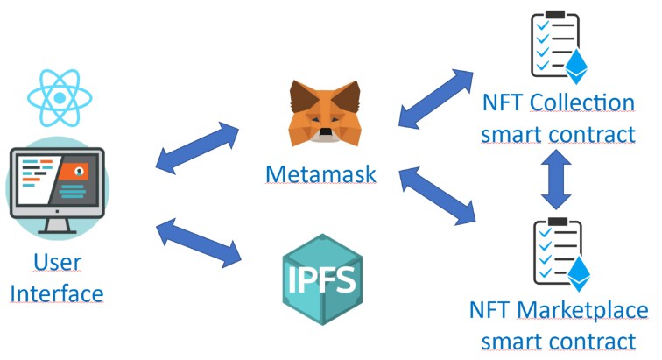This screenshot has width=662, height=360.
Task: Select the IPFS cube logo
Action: pos(322,279)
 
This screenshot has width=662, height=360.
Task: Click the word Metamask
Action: pos(321,173)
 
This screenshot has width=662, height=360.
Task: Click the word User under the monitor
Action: pos(57,261)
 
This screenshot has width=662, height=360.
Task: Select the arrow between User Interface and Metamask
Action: pos(197,146)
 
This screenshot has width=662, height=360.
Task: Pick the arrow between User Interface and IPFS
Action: pos(197,243)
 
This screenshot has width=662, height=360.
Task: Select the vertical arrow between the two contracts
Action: pos(554,180)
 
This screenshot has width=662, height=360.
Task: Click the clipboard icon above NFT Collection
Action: pos(554,46)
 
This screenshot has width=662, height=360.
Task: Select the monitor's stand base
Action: pos(57,230)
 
